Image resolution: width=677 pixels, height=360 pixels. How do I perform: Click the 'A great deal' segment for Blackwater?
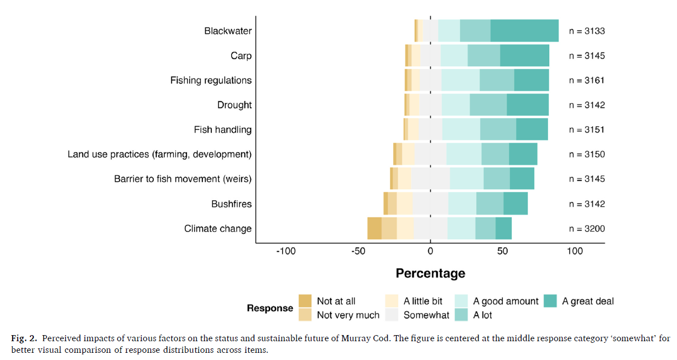(x=524, y=30)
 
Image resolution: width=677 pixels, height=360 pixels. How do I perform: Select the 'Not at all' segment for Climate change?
(x=374, y=228)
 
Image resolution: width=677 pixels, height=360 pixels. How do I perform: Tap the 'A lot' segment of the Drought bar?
(x=488, y=105)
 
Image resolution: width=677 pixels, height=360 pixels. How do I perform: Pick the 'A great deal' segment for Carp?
(x=524, y=55)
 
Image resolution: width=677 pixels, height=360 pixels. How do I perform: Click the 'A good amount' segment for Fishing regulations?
(x=460, y=80)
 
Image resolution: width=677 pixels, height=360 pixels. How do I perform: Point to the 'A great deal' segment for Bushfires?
(x=515, y=204)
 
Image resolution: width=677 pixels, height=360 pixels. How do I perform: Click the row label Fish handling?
(x=222, y=129)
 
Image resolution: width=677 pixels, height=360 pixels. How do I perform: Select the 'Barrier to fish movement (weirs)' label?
(x=183, y=179)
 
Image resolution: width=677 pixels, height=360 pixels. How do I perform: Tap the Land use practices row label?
(x=159, y=154)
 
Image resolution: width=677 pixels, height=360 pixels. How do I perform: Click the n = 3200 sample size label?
(x=587, y=228)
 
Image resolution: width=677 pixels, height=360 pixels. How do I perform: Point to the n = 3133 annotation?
(x=587, y=31)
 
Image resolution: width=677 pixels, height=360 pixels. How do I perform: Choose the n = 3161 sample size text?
(x=587, y=80)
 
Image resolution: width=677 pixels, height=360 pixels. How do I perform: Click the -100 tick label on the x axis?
(x=286, y=252)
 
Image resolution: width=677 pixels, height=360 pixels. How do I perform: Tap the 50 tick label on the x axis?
(x=502, y=252)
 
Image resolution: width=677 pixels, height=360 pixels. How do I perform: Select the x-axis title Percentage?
(x=430, y=273)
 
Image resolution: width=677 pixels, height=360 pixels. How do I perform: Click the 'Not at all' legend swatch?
(x=305, y=301)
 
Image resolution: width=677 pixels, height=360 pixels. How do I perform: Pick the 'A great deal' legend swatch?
(x=550, y=301)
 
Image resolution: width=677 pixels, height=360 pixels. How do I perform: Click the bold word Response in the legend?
(x=270, y=308)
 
